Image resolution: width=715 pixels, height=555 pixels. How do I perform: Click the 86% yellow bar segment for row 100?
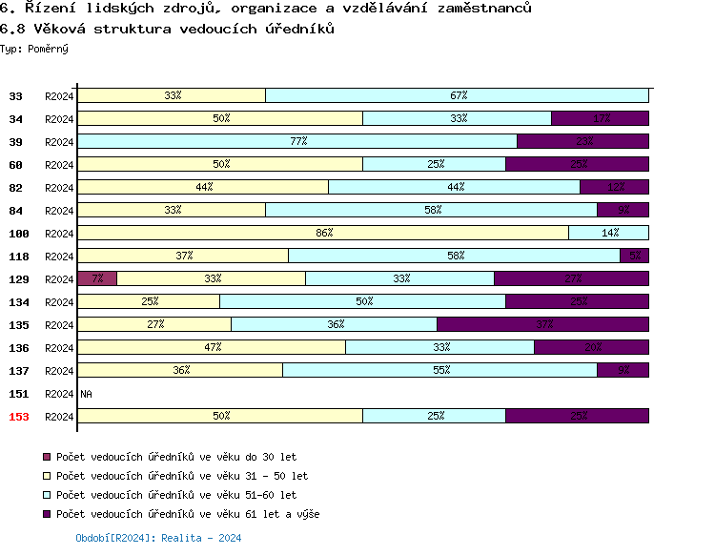[x=323, y=233]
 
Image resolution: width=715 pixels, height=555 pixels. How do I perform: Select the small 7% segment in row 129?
[x=98, y=278]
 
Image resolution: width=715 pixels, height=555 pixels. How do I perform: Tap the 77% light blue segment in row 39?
[x=297, y=141]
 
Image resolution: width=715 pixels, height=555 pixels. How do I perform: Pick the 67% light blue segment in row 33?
[x=458, y=95]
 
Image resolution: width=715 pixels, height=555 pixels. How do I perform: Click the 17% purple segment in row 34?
[x=601, y=118]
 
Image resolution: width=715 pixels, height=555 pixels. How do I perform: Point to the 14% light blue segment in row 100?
[x=609, y=233]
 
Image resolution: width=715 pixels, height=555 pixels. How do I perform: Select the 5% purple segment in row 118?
[x=635, y=256]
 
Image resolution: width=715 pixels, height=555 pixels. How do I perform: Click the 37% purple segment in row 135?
[x=543, y=324]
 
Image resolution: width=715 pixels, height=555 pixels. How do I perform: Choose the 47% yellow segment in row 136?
[x=212, y=347]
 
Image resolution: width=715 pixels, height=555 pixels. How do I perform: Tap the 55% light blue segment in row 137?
[x=440, y=370]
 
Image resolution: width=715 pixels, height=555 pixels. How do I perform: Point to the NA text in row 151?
[x=86, y=394]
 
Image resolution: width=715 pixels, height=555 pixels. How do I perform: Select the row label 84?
[x=16, y=211]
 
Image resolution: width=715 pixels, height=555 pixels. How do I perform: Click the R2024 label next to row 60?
[x=59, y=165]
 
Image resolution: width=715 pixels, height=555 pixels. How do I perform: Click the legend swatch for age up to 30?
[x=47, y=458]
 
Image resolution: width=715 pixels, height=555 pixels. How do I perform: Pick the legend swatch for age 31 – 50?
[x=47, y=477]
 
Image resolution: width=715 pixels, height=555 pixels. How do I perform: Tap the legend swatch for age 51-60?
[x=47, y=496]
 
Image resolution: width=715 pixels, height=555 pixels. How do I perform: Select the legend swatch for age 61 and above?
[x=47, y=515]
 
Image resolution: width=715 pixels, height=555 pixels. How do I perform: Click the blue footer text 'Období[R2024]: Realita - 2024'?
[x=158, y=539]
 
